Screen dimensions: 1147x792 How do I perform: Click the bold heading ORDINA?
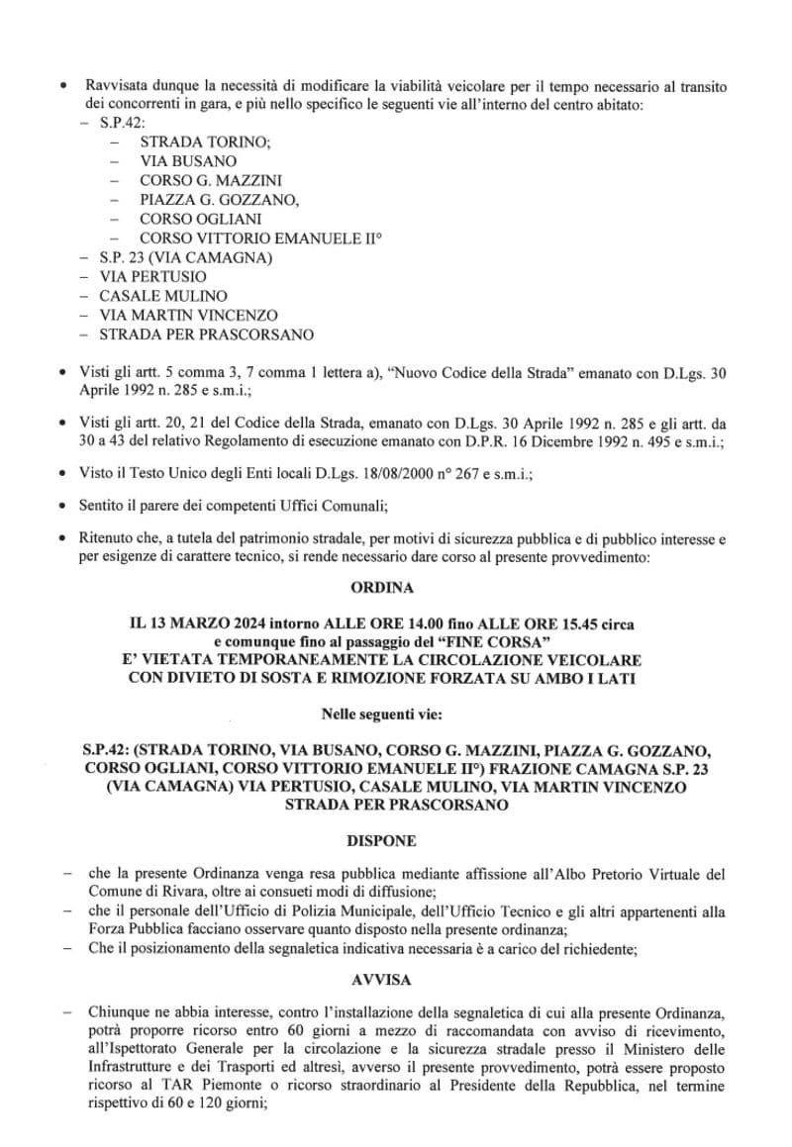[x=382, y=587]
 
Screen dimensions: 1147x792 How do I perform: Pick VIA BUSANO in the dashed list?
[x=188, y=160]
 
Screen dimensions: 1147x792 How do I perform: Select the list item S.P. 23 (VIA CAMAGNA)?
[x=185, y=257]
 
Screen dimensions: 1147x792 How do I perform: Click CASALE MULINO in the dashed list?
[x=162, y=296]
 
